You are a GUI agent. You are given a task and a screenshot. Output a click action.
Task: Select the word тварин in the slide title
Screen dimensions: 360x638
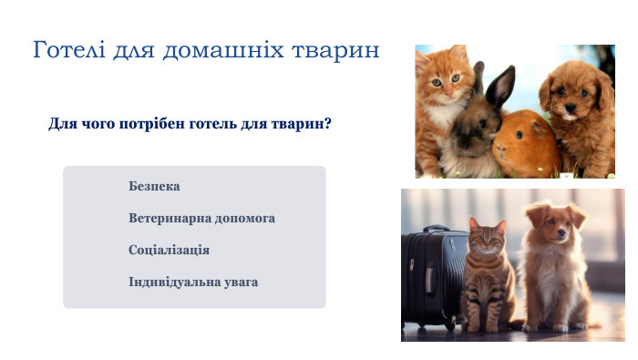click(x=338, y=50)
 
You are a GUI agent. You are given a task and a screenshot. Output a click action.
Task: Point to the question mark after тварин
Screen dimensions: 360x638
click(x=327, y=123)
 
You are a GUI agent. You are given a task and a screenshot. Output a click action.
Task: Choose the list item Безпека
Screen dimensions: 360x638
click(x=154, y=187)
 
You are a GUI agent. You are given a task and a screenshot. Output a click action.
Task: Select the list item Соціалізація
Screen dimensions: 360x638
click(x=170, y=250)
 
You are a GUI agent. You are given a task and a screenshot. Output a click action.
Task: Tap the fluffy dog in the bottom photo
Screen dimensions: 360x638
click(x=553, y=269)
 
